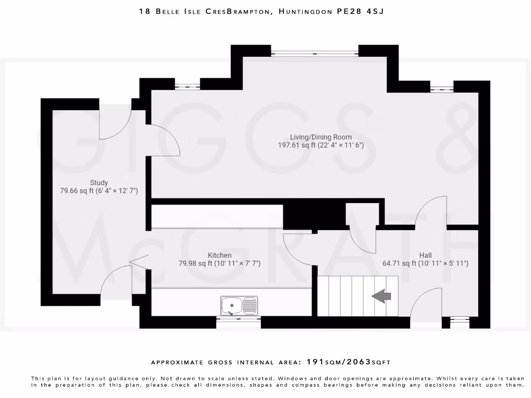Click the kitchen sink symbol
click(239, 306)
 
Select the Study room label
click(99, 182)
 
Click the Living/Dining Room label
click(321, 137)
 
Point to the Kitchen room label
click(219, 255)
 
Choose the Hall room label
click(425, 255)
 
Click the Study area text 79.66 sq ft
click(77, 191)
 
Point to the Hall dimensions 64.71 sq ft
click(400, 263)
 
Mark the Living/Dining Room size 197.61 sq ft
click(297, 146)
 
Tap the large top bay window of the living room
click(314, 52)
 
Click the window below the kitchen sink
click(238, 320)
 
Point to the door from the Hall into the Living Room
click(430, 212)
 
